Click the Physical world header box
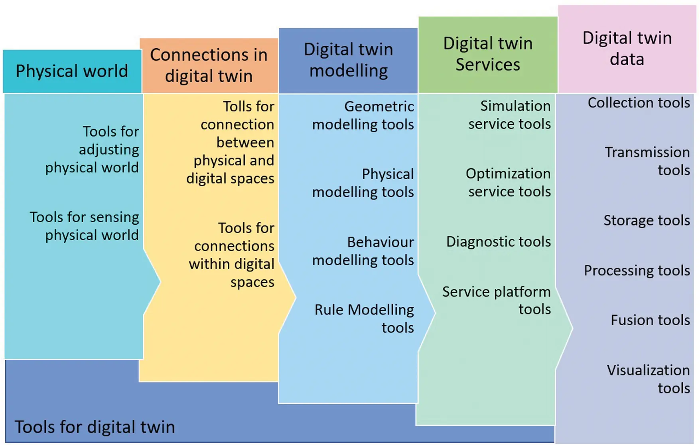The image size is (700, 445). point(72,71)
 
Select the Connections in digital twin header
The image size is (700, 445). point(209,65)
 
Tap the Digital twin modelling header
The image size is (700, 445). point(348,60)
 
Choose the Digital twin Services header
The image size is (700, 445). point(488,54)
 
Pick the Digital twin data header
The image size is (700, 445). point(627,49)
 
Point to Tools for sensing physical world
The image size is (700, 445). point(85,226)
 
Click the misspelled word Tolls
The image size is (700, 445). point(239,107)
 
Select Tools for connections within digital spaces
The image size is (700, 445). point(232,255)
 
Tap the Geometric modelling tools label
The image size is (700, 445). point(363,115)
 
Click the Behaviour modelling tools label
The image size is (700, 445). point(363,251)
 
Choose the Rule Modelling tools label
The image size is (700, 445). point(364,318)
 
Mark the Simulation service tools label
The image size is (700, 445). point(510,115)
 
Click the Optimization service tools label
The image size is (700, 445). point(509,182)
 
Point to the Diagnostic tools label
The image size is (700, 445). point(498,241)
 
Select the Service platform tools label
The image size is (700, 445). point(497,301)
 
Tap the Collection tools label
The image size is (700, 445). point(639,103)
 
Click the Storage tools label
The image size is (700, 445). point(647,220)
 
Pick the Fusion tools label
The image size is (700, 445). point(650,320)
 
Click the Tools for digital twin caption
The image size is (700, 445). point(95,427)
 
